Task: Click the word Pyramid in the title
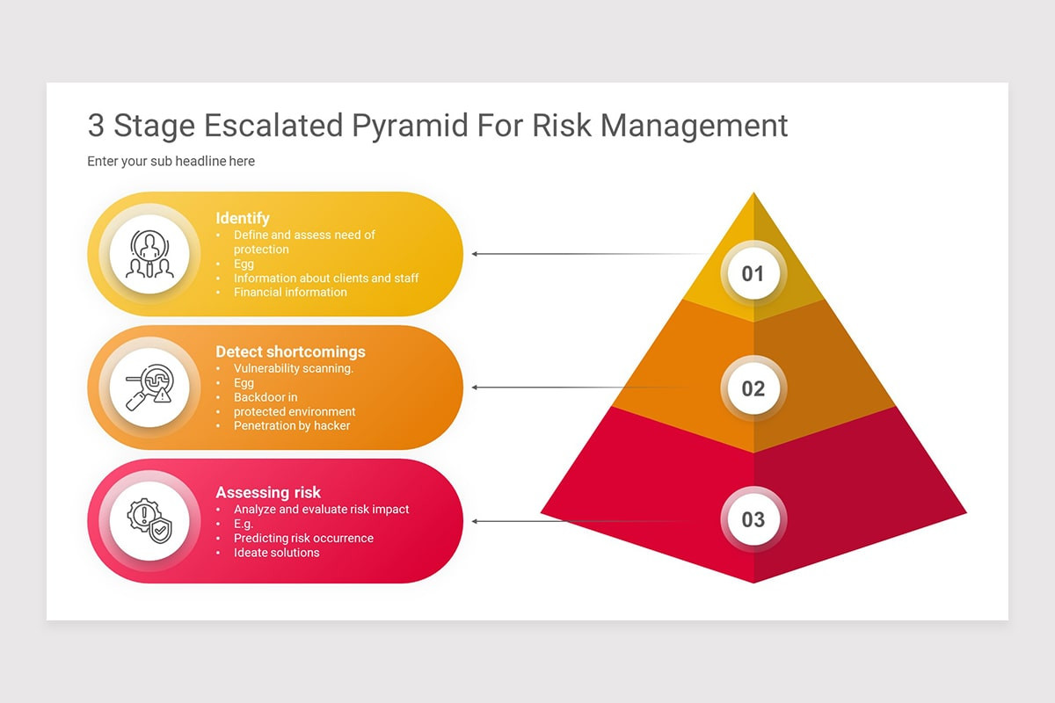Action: click(x=411, y=126)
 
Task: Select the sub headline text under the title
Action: click(x=171, y=161)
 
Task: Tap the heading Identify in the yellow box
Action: click(x=243, y=218)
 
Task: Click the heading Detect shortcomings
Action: click(x=290, y=351)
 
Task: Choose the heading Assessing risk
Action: click(x=268, y=492)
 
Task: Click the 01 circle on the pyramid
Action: click(x=753, y=273)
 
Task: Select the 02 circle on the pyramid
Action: click(x=753, y=388)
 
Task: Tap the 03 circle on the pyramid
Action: click(x=753, y=519)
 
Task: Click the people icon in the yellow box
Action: click(x=149, y=255)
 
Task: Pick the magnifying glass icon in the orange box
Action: click(x=149, y=388)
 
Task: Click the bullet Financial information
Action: click(x=290, y=292)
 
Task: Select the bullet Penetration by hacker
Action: click(x=292, y=425)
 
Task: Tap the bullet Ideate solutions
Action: click(x=276, y=552)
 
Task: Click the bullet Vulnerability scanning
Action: click(x=293, y=368)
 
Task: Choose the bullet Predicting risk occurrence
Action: click(x=303, y=538)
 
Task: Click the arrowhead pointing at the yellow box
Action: click(x=475, y=254)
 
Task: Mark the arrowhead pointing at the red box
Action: click(x=475, y=521)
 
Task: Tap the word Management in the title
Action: click(x=695, y=126)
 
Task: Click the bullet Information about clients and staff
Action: click(x=326, y=278)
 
